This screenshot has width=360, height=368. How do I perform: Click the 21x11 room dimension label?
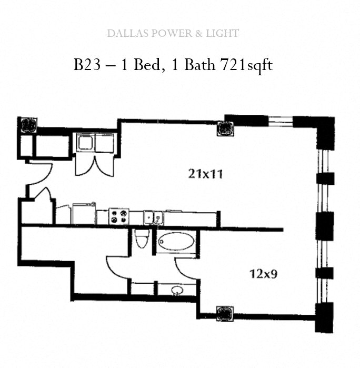click(x=205, y=174)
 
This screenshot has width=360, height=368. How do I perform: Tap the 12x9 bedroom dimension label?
click(x=264, y=274)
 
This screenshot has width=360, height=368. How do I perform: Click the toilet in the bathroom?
click(x=142, y=238)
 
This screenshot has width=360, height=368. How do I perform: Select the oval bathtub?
click(x=176, y=241)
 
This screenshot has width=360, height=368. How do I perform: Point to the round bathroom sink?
click(x=177, y=291)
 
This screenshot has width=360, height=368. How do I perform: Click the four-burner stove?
click(x=119, y=216)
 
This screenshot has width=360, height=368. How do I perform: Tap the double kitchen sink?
click(x=154, y=217)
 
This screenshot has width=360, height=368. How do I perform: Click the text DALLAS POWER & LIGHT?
click(x=173, y=33)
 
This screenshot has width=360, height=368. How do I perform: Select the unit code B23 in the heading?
click(x=87, y=65)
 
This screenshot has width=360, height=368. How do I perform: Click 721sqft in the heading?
click(x=246, y=65)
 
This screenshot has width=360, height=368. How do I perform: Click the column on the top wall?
click(x=225, y=128)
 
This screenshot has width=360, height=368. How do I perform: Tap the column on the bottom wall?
click(x=225, y=313)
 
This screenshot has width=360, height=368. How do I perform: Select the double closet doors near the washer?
click(x=95, y=166)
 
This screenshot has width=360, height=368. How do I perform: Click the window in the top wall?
click(x=281, y=122)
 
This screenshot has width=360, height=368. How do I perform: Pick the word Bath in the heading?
click(x=199, y=65)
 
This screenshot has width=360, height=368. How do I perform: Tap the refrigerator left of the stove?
click(x=84, y=214)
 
